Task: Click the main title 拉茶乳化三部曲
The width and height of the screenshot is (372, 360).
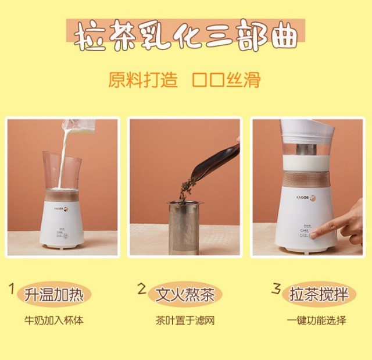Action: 186,35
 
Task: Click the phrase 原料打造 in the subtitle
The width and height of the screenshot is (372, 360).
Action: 143,80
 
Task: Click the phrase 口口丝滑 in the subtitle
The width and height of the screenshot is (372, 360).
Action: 226,80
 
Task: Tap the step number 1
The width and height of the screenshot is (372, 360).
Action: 12,288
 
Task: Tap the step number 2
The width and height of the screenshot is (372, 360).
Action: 142,289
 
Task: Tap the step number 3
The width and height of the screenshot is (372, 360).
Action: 276,288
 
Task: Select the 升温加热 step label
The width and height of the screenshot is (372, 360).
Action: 54,294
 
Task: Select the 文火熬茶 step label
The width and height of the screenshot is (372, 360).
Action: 185,294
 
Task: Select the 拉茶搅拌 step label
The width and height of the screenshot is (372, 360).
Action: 319,294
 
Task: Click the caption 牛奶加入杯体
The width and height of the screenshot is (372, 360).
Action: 54,320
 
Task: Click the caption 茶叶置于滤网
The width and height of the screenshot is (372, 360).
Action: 185,320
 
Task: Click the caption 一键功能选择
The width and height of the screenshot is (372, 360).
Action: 316,320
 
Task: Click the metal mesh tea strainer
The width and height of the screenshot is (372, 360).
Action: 184,228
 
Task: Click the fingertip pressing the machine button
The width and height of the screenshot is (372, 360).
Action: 314,236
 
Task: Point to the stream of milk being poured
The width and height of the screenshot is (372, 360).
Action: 63,156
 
